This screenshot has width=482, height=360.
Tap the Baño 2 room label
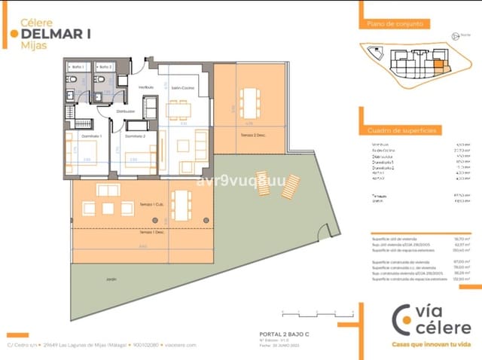click(105, 67)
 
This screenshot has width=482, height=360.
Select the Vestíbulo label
click(146, 87)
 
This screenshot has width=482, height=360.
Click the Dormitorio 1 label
click(84, 136)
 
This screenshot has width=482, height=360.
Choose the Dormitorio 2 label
click(136, 136)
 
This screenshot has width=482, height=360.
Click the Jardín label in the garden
click(101, 279)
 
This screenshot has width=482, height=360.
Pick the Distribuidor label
click(125, 111)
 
